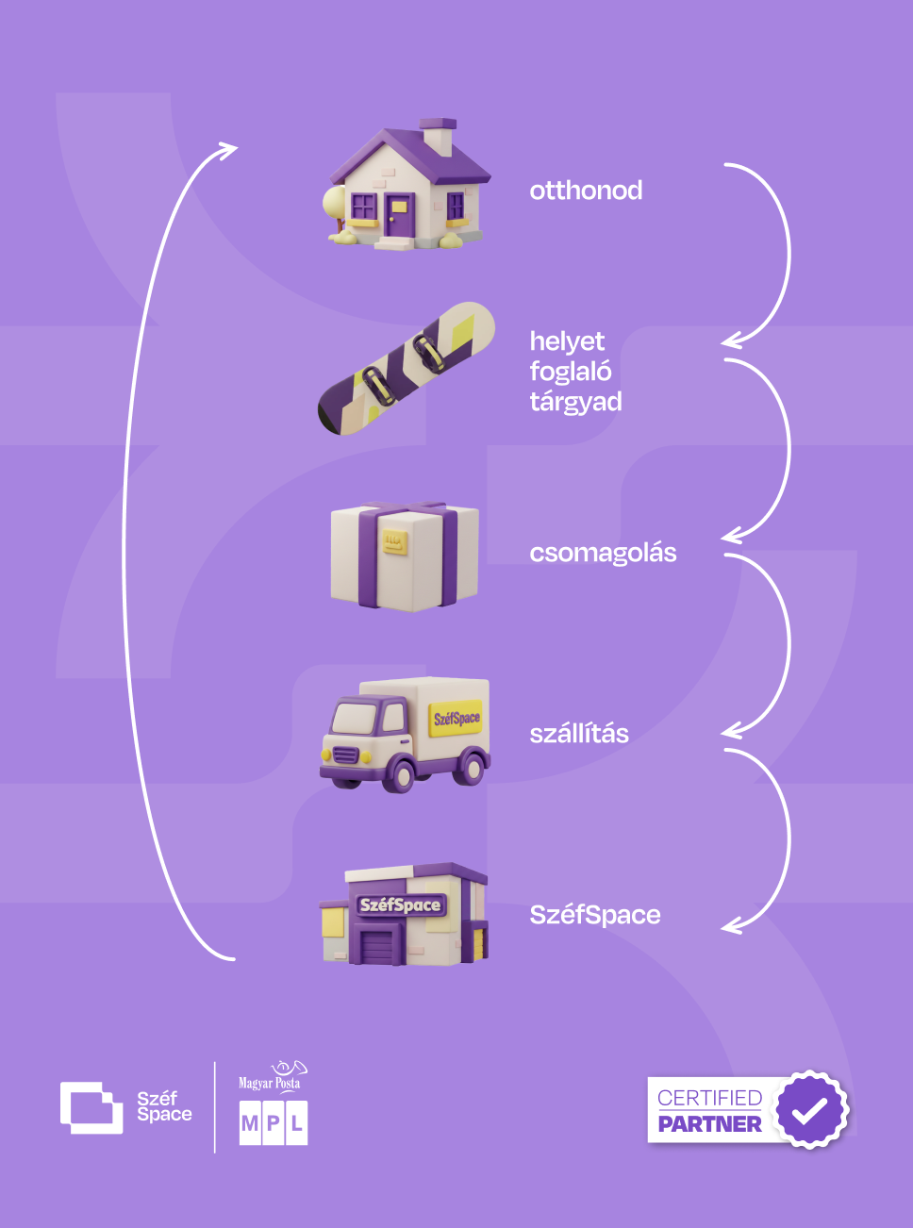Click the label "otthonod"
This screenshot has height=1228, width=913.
coord(586,191)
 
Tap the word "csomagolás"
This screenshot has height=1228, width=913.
coord(603,553)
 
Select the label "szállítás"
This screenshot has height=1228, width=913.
coord(579,734)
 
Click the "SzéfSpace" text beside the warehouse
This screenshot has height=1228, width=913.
coord(595,915)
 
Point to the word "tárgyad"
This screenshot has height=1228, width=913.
coord(575,402)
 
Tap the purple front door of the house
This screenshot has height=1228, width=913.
coord(397,216)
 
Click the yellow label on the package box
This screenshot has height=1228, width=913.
coord(393,542)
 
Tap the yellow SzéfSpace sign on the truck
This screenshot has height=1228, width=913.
coord(456,718)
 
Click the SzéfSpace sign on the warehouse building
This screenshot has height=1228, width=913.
coord(400,905)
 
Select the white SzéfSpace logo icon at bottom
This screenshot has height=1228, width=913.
coord(91,1107)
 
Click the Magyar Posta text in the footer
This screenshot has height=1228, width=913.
coord(269,1084)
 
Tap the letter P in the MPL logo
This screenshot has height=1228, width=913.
coord(274,1123)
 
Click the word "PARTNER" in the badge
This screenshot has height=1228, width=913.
coord(709,1124)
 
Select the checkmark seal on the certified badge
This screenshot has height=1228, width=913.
coord(809,1109)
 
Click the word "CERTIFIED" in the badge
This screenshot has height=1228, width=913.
coord(709,1098)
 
